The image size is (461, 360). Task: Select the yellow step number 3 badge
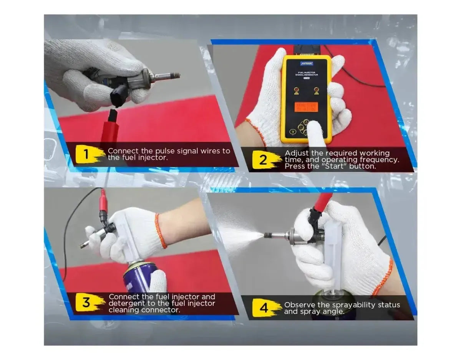(87, 302)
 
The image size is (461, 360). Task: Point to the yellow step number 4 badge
(263, 308)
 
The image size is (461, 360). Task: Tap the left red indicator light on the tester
(296, 91)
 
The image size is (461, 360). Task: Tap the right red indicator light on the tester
(317, 91)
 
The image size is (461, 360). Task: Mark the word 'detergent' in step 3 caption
(125, 303)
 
